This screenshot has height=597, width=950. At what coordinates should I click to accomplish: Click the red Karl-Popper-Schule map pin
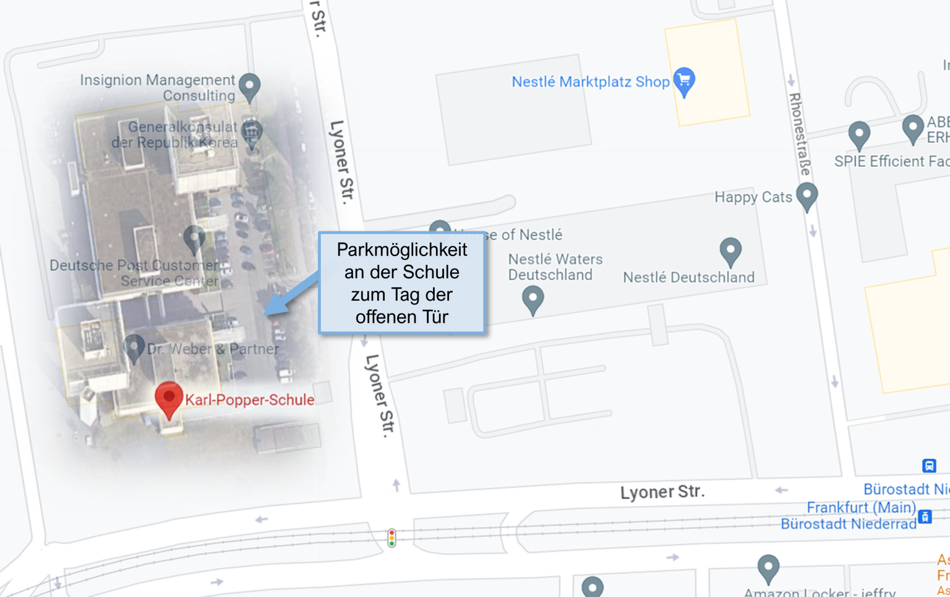168,398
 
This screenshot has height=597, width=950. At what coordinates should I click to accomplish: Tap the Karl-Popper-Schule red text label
250,400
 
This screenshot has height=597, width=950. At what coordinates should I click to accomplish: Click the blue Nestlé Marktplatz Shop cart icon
684,80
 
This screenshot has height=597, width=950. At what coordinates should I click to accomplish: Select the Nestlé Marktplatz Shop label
591,82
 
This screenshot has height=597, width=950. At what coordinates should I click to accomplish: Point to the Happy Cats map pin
807,196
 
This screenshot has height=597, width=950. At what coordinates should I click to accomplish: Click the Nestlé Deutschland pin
730,251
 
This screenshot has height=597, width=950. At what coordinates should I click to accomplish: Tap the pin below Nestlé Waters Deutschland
533,299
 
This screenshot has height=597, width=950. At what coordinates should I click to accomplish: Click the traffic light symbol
392,538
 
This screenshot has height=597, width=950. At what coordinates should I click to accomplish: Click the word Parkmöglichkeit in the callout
402,250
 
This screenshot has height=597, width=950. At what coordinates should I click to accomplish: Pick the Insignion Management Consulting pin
249,87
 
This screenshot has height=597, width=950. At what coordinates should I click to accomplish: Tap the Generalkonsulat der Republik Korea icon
251,132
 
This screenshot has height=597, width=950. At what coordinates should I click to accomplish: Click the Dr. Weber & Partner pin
134,348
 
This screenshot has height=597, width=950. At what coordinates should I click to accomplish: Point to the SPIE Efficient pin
859,134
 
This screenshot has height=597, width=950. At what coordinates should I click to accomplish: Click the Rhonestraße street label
800,132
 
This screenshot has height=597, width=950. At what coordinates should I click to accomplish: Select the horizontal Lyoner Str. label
662,492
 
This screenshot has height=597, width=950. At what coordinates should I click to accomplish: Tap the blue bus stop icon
929,465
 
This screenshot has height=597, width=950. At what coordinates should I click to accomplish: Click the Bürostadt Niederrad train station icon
925,517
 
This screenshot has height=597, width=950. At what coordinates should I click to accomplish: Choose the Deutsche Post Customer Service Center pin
194,238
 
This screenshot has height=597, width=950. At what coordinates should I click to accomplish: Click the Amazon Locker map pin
768,567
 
